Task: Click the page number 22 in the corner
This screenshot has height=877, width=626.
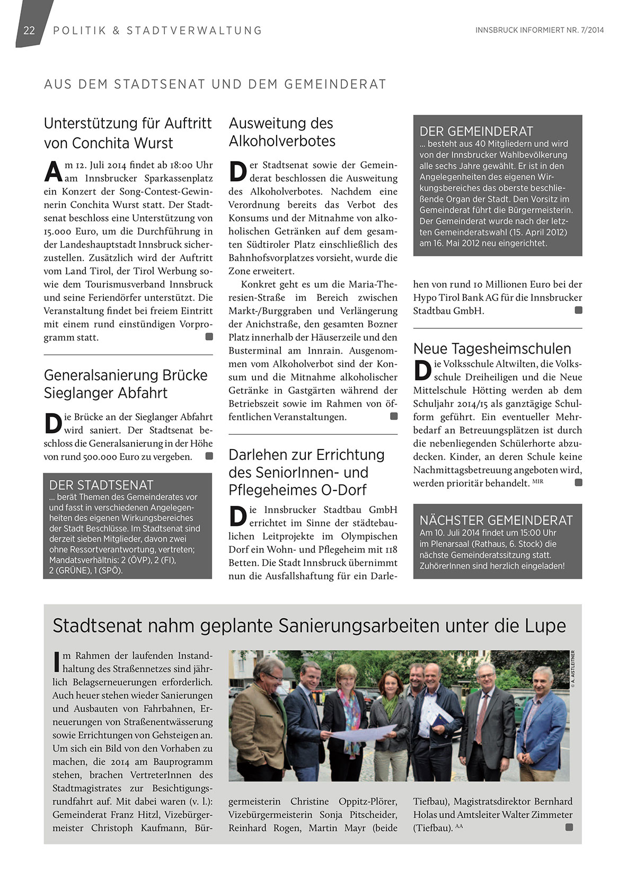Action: (29, 30)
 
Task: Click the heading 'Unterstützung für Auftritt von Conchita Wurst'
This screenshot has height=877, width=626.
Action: (127, 133)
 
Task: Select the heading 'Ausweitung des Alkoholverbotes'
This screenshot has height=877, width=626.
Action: (282, 132)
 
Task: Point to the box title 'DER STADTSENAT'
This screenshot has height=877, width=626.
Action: (101, 485)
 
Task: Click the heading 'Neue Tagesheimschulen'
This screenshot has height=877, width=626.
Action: (492, 348)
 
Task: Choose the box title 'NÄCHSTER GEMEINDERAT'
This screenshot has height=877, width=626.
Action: (496, 520)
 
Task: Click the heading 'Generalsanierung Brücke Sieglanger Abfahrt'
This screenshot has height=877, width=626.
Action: (126, 384)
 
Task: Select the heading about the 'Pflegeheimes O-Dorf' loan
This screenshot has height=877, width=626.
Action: (306, 472)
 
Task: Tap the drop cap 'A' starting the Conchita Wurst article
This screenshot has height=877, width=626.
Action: (53, 171)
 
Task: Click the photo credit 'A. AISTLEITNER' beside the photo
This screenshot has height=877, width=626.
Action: (573, 669)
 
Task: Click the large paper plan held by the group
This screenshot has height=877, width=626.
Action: (363, 732)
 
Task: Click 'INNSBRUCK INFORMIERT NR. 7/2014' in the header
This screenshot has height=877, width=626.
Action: (539, 30)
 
